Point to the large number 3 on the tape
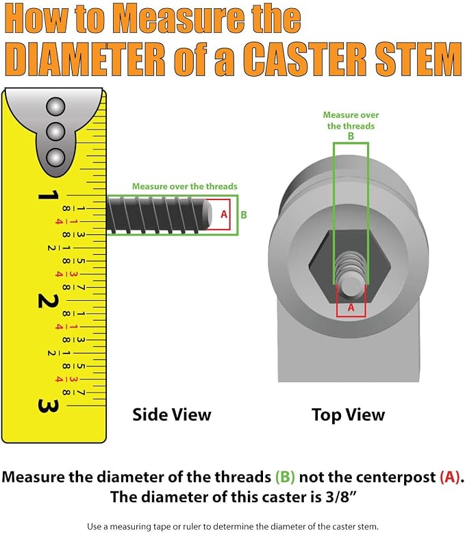pyautogui.click(x=48, y=406)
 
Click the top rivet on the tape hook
pyautogui.click(x=55, y=107)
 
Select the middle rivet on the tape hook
pyautogui.click(x=55, y=132)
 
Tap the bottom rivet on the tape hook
pyautogui.click(x=55, y=157)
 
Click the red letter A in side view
pyautogui.click(x=224, y=214)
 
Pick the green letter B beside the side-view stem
pyautogui.click(x=244, y=215)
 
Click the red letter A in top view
pyautogui.click(x=351, y=308)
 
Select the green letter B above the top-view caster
pyautogui.click(x=351, y=136)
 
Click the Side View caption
pyautogui.click(x=172, y=414)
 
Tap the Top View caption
pyautogui.click(x=349, y=414)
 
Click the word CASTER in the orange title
pyautogui.click(x=304, y=60)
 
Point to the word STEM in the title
pyautogui.click(x=418, y=60)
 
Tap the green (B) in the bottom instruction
pyautogui.click(x=285, y=478)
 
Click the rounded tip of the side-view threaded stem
pyautogui.click(x=207, y=215)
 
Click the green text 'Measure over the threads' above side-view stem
pyautogui.click(x=185, y=186)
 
